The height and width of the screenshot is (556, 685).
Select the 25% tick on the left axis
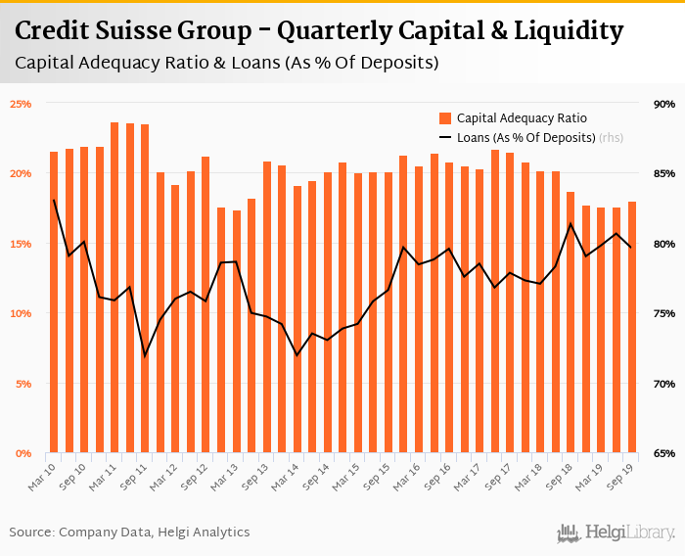click(21, 103)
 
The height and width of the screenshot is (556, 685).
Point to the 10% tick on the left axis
click(21, 313)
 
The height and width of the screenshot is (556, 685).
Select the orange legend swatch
click(445, 117)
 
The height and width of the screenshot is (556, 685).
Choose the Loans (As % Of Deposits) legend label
click(525, 138)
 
